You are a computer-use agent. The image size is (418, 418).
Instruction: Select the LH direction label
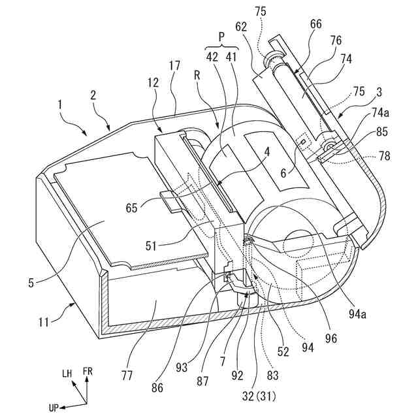tap(67, 373)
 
